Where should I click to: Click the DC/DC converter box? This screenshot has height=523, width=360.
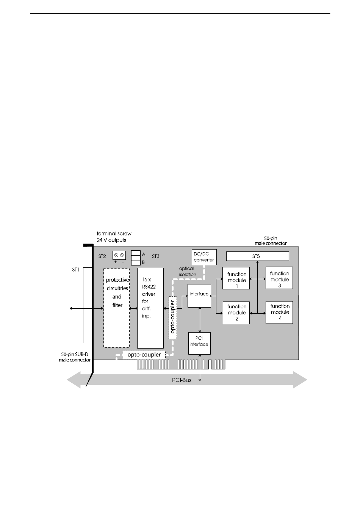204,257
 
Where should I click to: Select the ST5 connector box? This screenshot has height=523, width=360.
257,256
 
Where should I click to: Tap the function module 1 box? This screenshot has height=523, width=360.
236,278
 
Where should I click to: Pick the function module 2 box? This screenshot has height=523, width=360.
236,313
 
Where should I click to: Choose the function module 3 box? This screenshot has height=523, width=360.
279,278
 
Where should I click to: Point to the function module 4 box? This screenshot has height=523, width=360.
279,312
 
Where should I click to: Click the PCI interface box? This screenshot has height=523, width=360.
199,343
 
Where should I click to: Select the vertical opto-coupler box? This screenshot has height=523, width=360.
172,317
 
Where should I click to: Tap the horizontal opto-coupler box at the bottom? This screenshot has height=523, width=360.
144,355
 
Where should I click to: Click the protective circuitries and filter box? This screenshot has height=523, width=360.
117,308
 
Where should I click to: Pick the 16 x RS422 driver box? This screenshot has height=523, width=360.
150,308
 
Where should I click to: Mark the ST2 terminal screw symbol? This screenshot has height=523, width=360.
119,255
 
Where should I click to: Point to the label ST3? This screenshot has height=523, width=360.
155,256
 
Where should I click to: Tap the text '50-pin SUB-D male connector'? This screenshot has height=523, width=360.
75,357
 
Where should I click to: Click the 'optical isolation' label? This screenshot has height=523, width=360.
188,271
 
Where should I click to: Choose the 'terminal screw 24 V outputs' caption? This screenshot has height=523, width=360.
114,237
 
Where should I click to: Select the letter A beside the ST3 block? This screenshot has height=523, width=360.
144,254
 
